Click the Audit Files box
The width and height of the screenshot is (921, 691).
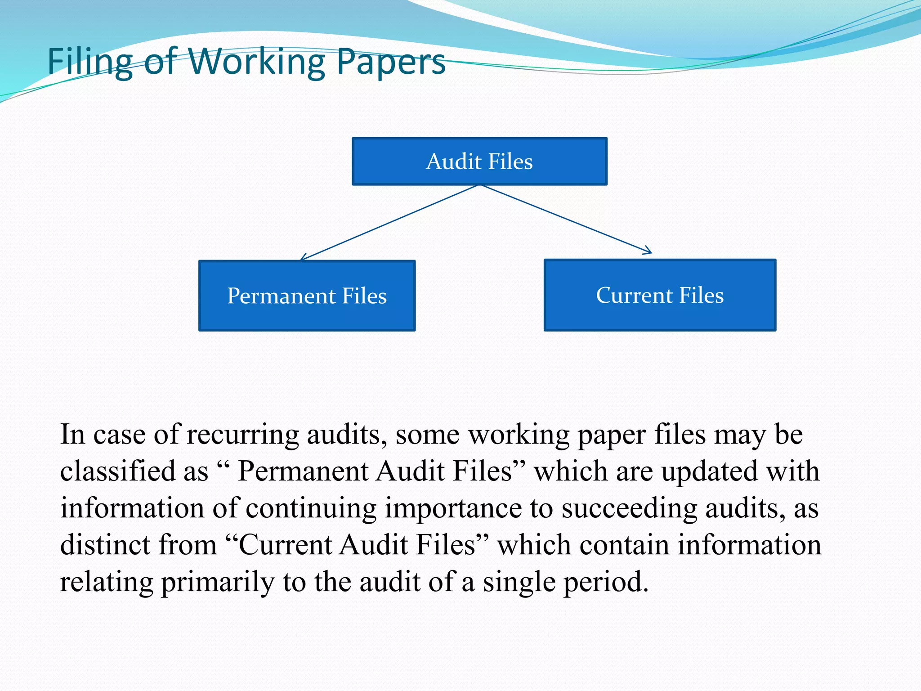[479, 162]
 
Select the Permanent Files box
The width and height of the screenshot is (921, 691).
[307, 296]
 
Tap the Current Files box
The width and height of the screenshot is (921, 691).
[660, 295]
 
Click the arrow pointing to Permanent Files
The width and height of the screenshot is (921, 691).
[389, 222]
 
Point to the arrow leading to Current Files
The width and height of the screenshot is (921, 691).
[567, 219]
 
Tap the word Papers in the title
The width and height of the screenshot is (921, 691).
[391, 62]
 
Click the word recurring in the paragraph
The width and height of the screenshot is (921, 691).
[242, 435]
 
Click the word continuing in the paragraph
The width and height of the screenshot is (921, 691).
[311, 508]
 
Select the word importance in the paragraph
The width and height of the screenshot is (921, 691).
[453, 508]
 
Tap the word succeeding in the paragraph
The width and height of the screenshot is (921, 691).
[629, 508]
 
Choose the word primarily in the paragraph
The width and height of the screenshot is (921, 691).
[218, 582]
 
